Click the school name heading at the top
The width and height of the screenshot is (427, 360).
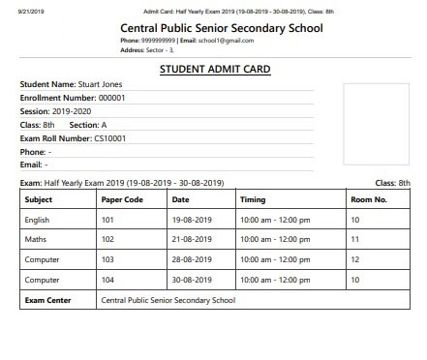221,27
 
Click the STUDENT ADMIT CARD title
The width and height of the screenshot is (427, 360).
214,70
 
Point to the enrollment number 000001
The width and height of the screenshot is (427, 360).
112,98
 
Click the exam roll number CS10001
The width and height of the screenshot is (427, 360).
109,138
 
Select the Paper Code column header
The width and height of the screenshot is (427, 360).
122,199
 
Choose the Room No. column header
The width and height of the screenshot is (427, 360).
369,199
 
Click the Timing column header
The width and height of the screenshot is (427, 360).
253,199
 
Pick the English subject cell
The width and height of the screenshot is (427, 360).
38,220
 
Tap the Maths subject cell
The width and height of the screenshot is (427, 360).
36,239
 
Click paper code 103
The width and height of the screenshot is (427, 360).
107,259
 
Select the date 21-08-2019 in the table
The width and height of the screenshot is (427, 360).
191,239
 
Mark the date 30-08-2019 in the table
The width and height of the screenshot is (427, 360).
191,280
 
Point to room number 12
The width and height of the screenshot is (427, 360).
355,259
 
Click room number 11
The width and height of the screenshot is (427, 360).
355,239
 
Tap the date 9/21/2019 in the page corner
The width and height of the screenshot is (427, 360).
16,10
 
